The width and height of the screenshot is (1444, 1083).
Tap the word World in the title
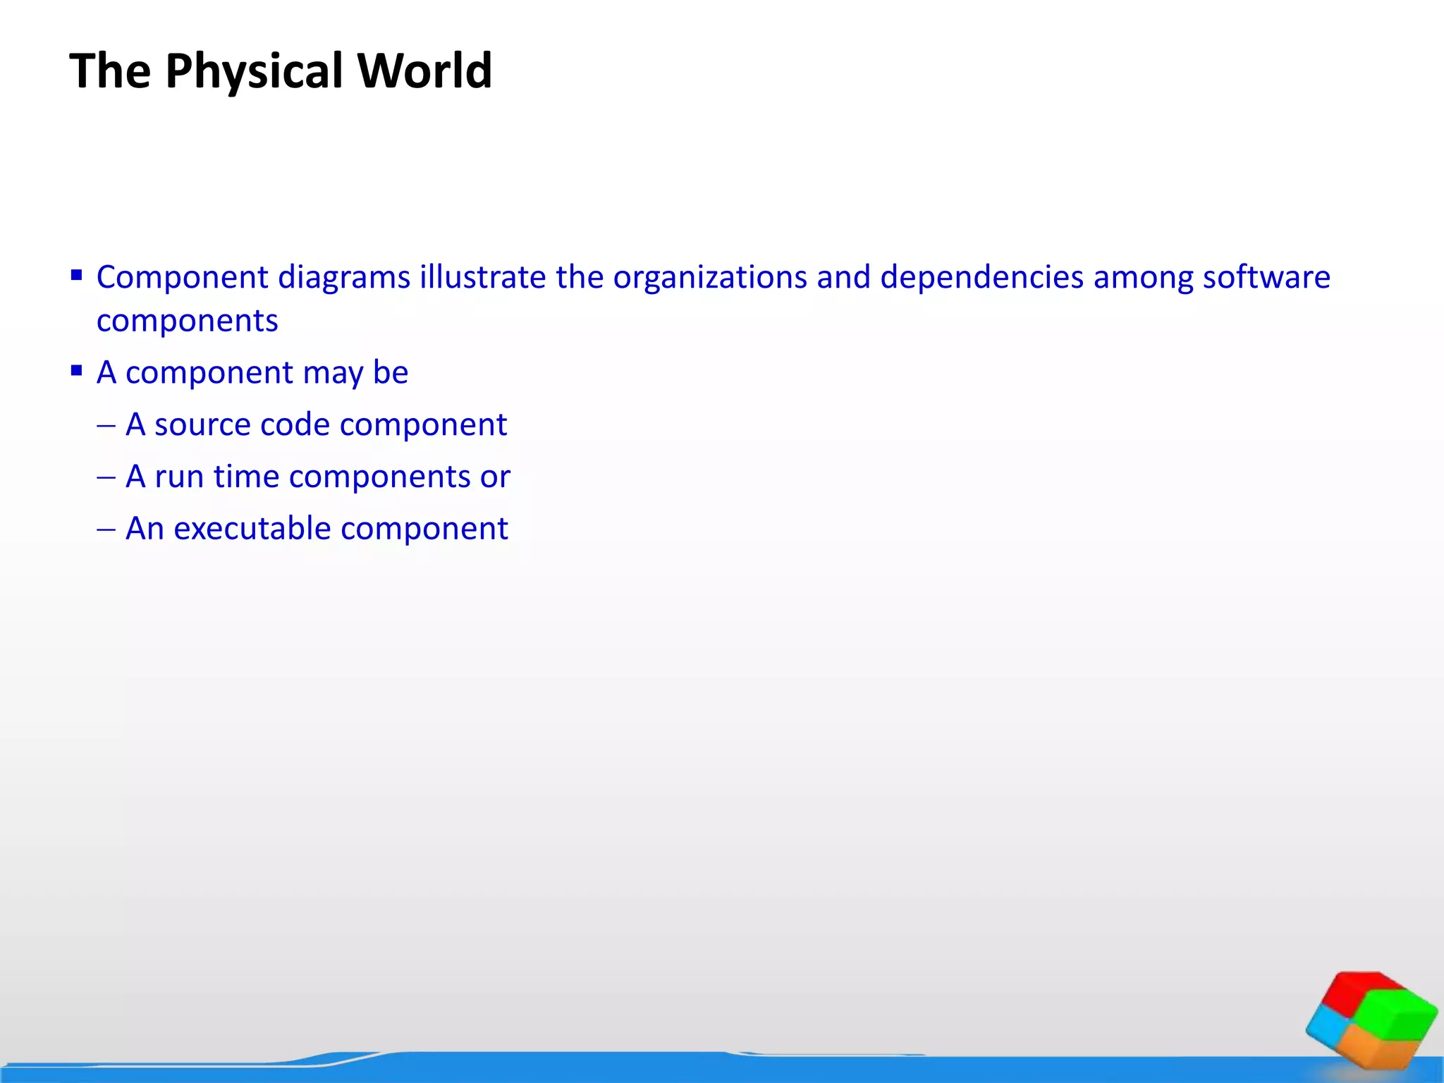tap(424, 71)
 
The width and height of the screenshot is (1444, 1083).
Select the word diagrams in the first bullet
tap(344, 277)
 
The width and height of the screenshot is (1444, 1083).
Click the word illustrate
tap(482, 277)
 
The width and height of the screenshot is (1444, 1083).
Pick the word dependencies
tap(982, 277)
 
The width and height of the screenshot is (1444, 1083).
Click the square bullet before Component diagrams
tap(77, 274)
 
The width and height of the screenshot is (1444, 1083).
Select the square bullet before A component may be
tap(77, 370)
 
